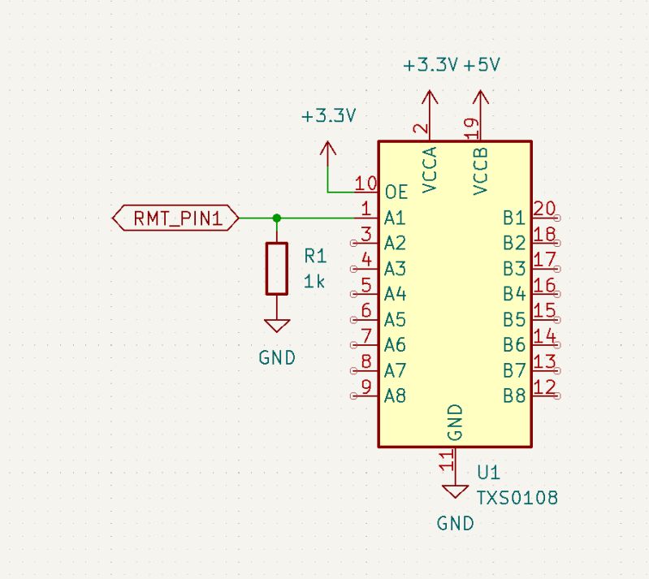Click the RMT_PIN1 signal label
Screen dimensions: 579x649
pyautogui.click(x=176, y=218)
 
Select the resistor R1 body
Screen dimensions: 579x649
pyautogui.click(x=277, y=268)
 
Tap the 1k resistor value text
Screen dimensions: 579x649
pyautogui.click(x=314, y=282)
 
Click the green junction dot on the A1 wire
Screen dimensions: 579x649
pyautogui.click(x=277, y=218)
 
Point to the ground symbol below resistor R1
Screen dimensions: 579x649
pyautogui.click(x=277, y=326)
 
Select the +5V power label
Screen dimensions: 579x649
pyautogui.click(x=482, y=65)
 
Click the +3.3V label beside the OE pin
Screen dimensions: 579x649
pyautogui.click(x=328, y=116)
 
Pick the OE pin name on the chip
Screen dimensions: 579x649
pyautogui.click(x=397, y=192)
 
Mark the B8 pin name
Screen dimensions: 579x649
pyautogui.click(x=514, y=396)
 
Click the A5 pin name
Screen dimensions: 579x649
pyautogui.click(x=396, y=318)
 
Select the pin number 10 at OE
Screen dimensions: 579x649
pyautogui.click(x=366, y=184)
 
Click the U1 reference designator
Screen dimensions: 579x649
pyautogui.click(x=488, y=473)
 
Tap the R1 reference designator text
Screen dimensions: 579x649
pyautogui.click(x=315, y=257)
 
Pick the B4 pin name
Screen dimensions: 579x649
pyautogui.click(x=514, y=293)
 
